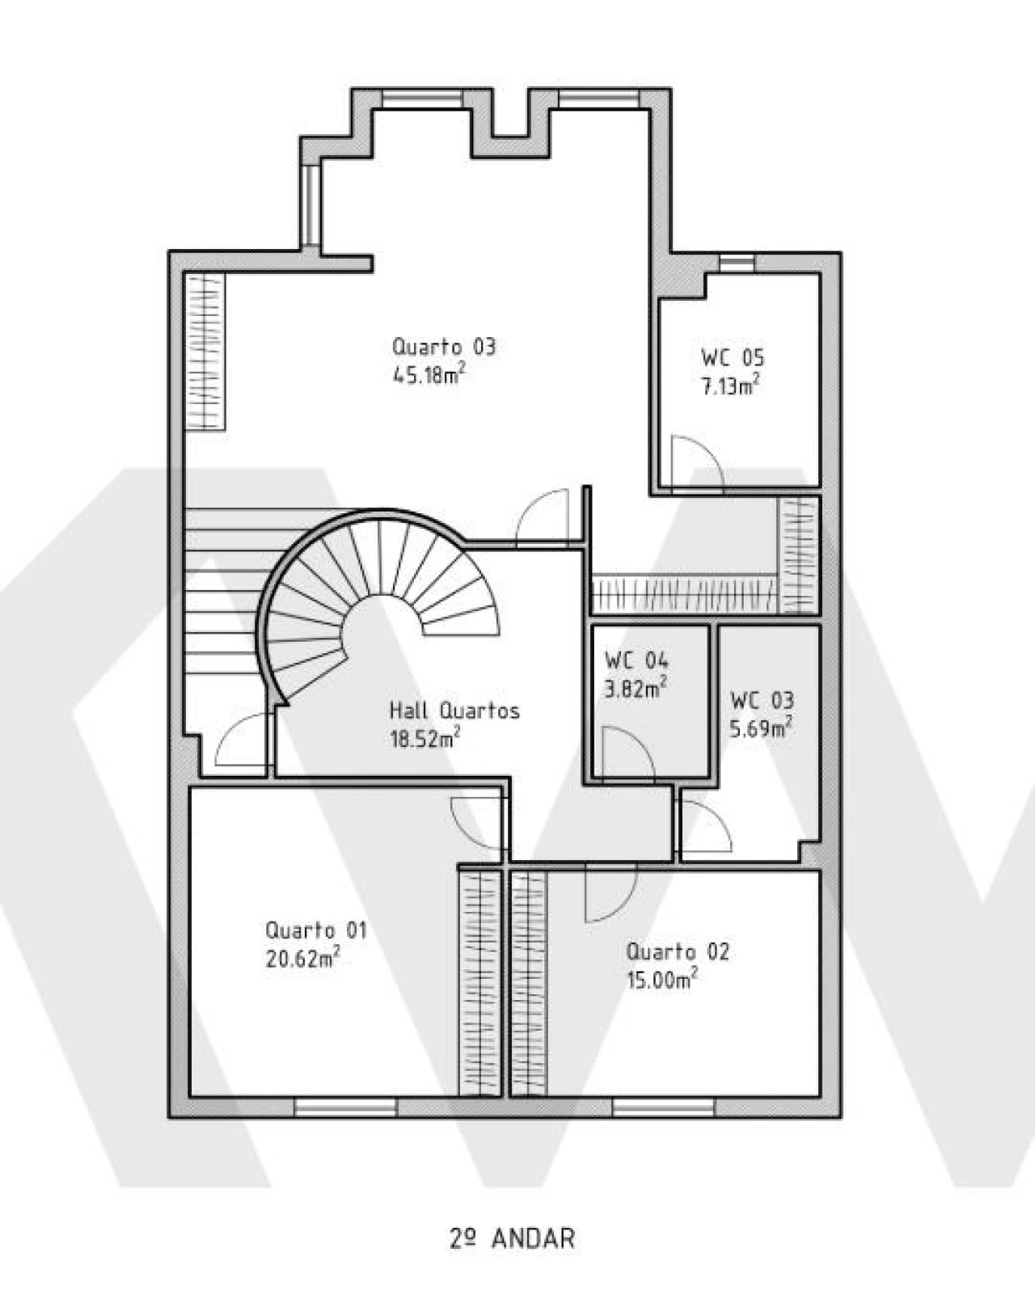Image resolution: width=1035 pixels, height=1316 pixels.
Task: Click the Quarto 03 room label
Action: click(x=444, y=348)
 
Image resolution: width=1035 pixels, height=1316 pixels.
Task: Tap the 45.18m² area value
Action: click(x=428, y=374)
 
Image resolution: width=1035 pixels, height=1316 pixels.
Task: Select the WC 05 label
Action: click(x=733, y=357)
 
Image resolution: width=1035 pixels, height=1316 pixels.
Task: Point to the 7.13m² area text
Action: click(x=730, y=385)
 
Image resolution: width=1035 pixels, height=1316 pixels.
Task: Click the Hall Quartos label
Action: click(x=454, y=711)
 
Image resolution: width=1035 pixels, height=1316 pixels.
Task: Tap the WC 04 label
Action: click(x=637, y=660)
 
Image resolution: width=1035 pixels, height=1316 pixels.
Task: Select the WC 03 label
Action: click(x=763, y=700)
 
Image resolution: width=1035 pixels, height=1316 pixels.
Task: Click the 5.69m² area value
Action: click(x=762, y=727)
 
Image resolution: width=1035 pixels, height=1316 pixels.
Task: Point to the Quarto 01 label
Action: click(x=315, y=930)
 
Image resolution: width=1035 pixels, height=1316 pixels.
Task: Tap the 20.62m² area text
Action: click(x=302, y=958)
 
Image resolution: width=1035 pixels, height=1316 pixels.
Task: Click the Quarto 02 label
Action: click(x=678, y=952)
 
